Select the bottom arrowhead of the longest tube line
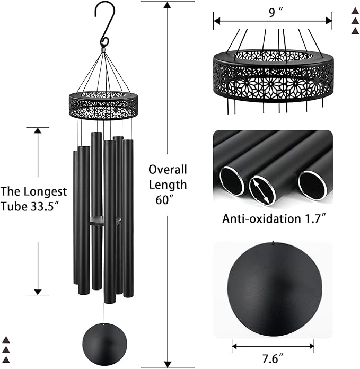tap(38, 292)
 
